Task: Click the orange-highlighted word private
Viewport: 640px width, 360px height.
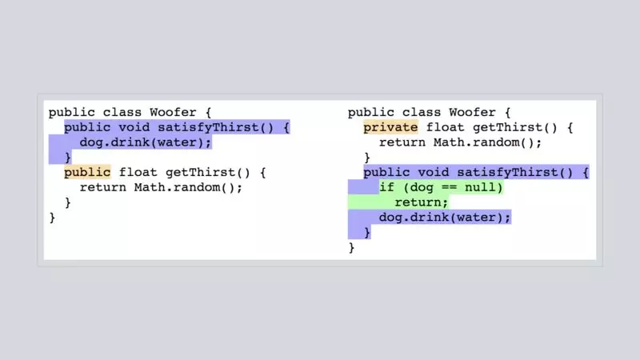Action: coord(390,127)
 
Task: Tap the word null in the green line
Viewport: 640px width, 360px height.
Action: coord(485,187)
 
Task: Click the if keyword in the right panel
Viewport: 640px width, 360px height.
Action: coord(387,187)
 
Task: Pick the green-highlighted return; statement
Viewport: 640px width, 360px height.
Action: coord(422,202)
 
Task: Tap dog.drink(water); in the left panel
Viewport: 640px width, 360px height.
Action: coord(146,142)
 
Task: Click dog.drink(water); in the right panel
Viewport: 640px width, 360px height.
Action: coord(445,218)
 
